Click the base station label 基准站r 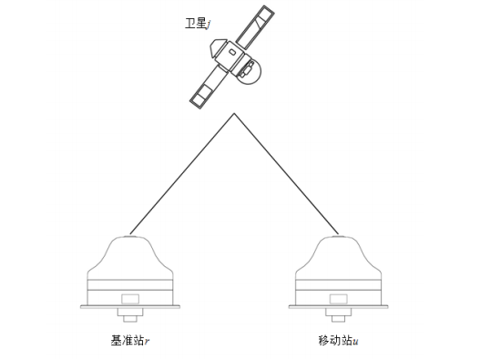pyautogui.click(x=131, y=341)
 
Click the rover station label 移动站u pyautogui.click(x=338, y=341)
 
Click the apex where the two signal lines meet pyautogui.click(x=235, y=114)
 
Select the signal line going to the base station pyautogui.click(x=182, y=173)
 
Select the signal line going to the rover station pyautogui.click(x=288, y=173)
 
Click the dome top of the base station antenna pyautogui.click(x=131, y=246)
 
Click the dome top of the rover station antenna pyautogui.click(x=341, y=246)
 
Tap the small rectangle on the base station pyautogui.click(x=131, y=298)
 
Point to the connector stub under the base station pyautogui.click(x=131, y=316)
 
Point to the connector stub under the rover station pyautogui.click(x=341, y=316)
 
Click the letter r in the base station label pyautogui.click(x=148, y=342)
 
